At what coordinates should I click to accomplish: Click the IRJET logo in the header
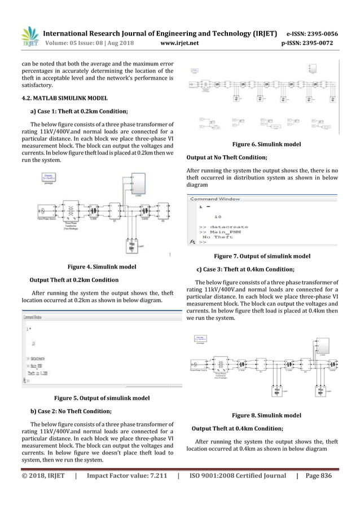click(28, 38)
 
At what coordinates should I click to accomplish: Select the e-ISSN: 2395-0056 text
click(309, 33)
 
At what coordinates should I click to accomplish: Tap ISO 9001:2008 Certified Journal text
click(237, 476)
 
